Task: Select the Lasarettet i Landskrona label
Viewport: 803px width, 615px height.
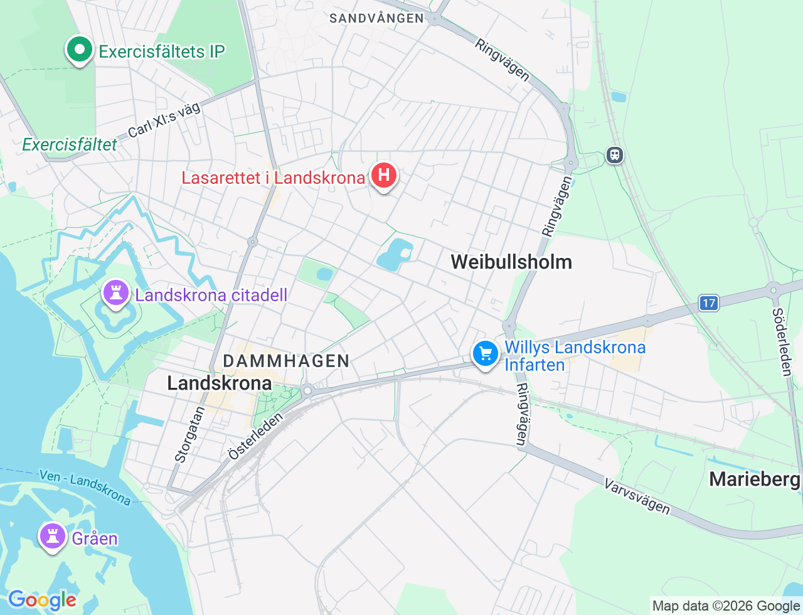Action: tap(273, 178)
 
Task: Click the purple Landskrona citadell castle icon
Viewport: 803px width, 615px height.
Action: tap(115, 293)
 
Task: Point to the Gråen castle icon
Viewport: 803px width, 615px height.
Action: tap(53, 537)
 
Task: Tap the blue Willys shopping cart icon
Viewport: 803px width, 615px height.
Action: tap(485, 354)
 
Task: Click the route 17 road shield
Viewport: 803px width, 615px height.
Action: tap(709, 304)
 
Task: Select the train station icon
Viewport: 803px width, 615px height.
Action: tap(615, 155)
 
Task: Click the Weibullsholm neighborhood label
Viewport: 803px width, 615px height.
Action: tap(511, 262)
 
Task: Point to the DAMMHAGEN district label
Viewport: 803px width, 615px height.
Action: tap(286, 361)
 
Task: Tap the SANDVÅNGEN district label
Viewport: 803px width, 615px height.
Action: tap(377, 18)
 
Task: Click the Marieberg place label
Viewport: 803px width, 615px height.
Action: tap(755, 479)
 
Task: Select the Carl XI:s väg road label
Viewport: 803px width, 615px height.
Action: tap(164, 120)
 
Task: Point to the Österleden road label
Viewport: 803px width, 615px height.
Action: tap(256, 437)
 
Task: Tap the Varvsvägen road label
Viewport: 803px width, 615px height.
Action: tap(637, 496)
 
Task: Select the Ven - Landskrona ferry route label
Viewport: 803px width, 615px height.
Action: tap(85, 487)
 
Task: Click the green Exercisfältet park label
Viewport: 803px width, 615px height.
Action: tap(70, 145)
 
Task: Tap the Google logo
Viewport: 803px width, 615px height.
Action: tap(41, 600)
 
